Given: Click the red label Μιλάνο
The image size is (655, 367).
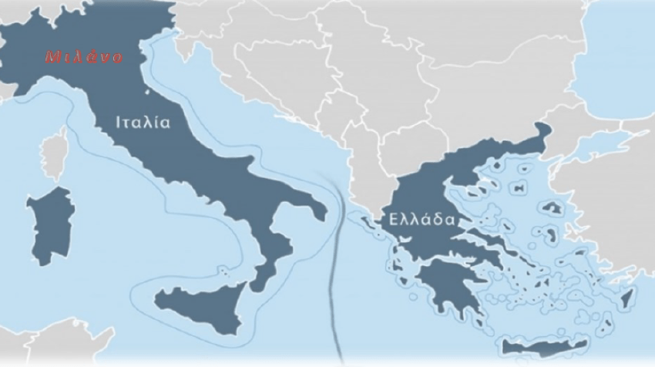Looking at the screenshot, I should pyautogui.click(x=74, y=57).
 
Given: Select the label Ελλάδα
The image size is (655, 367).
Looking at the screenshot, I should pyautogui.click(x=415, y=219).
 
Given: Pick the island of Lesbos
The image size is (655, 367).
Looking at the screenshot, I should pyautogui.click(x=552, y=207).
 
